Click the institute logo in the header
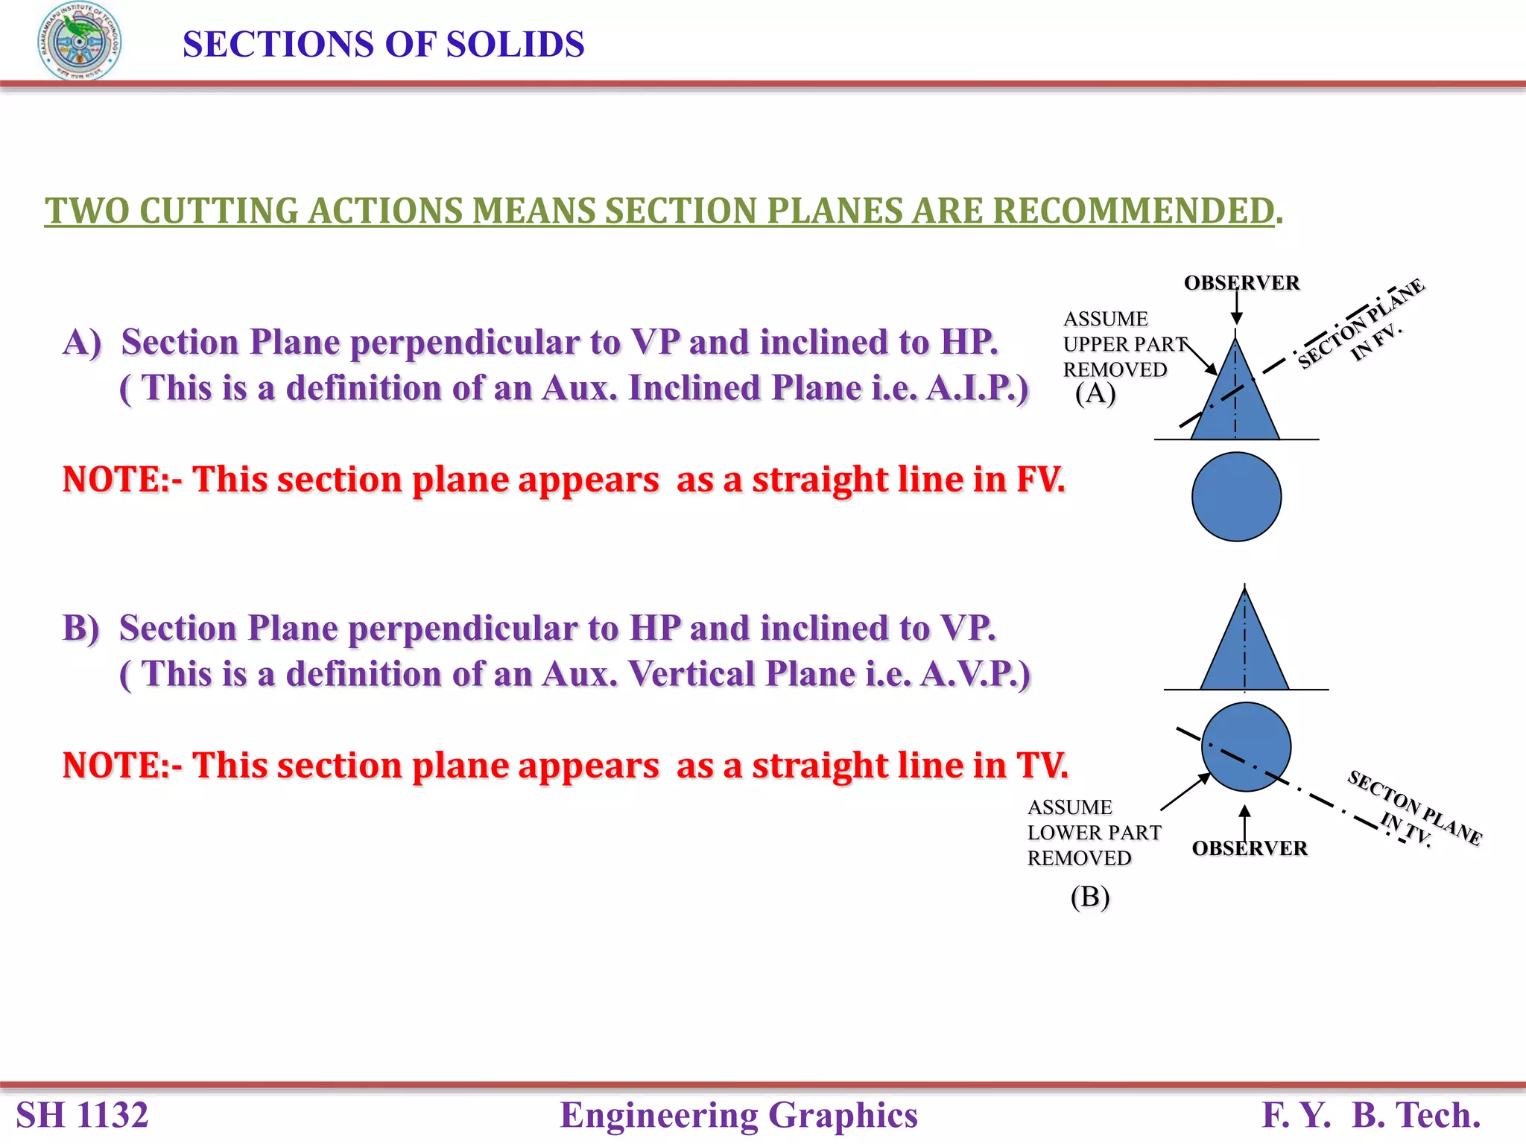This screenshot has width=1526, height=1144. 80,42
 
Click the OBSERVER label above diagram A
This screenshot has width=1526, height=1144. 1241,283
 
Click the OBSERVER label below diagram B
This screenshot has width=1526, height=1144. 1250,848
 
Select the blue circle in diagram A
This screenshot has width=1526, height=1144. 1236,497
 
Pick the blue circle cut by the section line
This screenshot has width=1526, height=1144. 1246,746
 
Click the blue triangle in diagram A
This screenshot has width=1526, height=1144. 1235,406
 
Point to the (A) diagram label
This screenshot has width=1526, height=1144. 1095,393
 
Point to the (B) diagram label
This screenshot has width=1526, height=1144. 1090,896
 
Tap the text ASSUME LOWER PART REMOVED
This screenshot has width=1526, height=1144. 1092,833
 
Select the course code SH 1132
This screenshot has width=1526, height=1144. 83,1115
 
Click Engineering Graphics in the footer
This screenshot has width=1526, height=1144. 738,1115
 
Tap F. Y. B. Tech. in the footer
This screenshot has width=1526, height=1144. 1370,1115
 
